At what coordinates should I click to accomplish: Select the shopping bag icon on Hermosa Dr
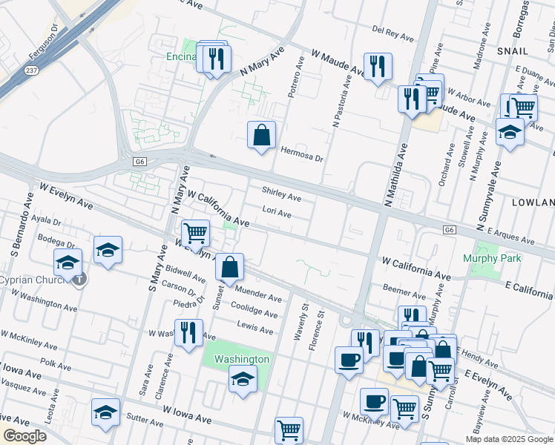click(261, 136)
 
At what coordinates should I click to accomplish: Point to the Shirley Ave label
click(281, 198)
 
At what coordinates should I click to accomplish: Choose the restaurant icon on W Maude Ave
click(378, 67)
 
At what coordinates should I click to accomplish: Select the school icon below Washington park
click(243, 380)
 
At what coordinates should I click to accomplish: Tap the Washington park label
click(242, 359)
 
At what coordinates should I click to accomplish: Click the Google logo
click(24, 436)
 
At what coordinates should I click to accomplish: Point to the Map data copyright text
click(509, 439)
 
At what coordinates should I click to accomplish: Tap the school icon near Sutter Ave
click(105, 412)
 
